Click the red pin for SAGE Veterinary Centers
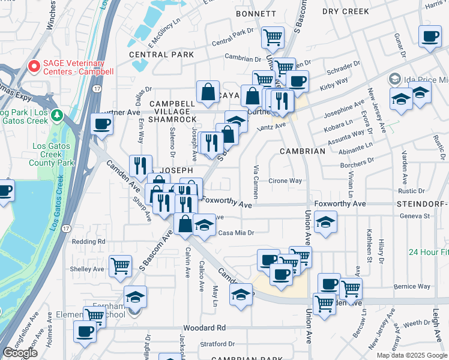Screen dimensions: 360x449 pos(34,65)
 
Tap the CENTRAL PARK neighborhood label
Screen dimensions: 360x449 pos(161,55)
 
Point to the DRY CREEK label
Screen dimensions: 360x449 pos(345,11)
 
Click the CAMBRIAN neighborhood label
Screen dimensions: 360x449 pos(301,151)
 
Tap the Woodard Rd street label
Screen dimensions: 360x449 pos(204,328)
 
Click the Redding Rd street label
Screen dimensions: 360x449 pos(88,241)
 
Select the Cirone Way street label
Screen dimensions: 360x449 pos(285,181)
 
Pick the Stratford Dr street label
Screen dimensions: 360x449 pos(218,344)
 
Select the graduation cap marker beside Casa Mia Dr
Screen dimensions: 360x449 pos(204,226)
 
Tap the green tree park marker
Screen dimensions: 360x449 pos(58,114)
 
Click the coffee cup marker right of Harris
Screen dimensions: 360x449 pos(430,37)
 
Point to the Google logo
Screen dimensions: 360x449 pos(20,353)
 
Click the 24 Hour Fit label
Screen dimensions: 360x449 pos(427,252)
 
